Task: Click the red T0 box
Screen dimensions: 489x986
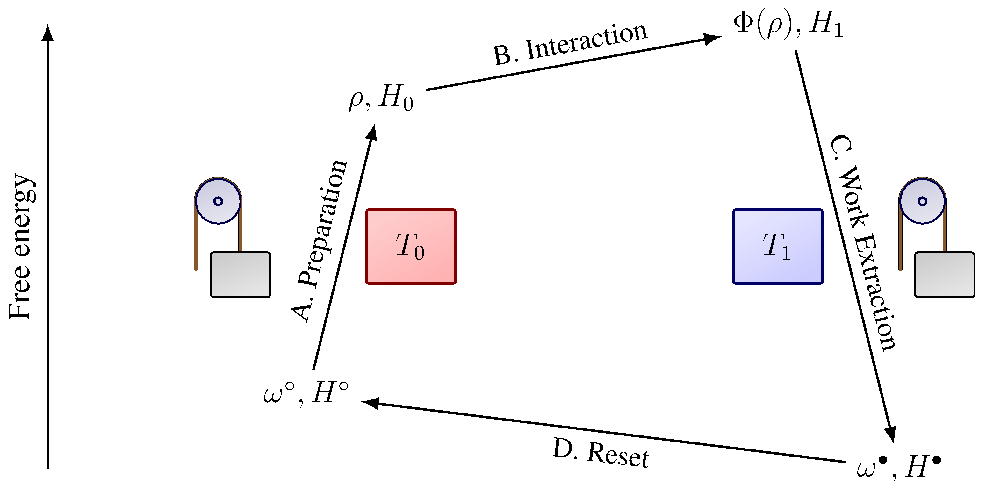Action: coord(411,247)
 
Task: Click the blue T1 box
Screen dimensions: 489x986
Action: coord(777,247)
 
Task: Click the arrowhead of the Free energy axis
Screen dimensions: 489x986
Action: coord(47,32)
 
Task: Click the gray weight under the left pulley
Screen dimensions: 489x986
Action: coord(241,274)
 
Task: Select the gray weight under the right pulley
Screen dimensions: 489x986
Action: coord(944,274)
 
